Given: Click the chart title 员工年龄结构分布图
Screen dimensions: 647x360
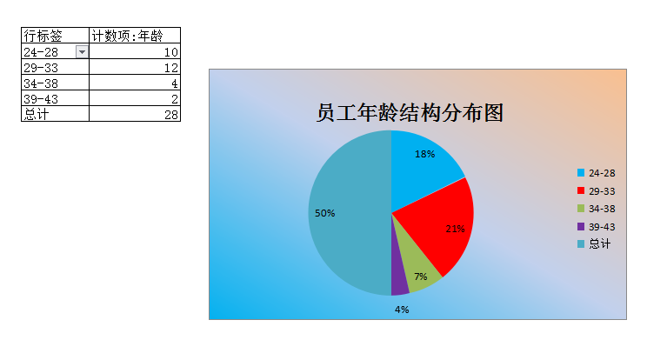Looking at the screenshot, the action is point(410,112).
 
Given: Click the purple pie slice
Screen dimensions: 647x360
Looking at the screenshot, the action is point(398,280).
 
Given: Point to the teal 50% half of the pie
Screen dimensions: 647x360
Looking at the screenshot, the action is point(350,213).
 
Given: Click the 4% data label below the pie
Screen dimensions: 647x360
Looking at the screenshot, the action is point(402,310).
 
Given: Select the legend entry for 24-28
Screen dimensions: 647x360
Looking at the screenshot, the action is point(597,173).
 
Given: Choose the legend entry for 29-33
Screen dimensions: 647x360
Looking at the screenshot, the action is point(597,191).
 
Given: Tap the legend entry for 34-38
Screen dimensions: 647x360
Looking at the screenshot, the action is point(597,209).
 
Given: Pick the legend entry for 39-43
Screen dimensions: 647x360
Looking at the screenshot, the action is point(597,227).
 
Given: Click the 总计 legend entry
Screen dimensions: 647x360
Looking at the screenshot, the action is point(594,244).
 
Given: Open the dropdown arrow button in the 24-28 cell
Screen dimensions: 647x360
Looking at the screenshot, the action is point(82,52).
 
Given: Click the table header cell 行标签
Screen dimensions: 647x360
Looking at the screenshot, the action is point(56,36).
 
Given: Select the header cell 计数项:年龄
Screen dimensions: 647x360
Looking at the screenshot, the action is point(135,36).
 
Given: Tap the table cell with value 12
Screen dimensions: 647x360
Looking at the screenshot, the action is point(135,67).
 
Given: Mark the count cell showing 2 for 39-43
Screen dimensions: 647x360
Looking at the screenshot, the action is point(135,98).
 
